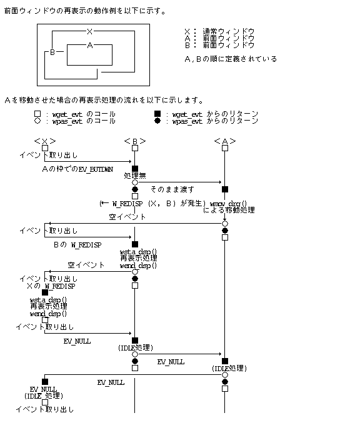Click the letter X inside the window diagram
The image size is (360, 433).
click(90, 31)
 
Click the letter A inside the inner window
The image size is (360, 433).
click(90, 46)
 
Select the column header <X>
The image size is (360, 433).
click(45, 141)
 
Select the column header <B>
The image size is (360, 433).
click(135, 141)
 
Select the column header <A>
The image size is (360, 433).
click(225, 141)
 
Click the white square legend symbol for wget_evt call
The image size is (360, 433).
click(38, 114)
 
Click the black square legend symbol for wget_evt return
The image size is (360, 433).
click(158, 114)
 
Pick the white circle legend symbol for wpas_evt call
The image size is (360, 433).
click(38, 121)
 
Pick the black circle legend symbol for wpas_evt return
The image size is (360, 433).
click(158, 121)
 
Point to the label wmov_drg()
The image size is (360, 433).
click(228, 204)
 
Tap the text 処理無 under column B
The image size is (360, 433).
click(135, 176)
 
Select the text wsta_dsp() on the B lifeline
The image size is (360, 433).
click(138, 252)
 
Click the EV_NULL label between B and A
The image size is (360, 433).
click(171, 361)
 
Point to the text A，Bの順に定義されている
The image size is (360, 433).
click(231, 59)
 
